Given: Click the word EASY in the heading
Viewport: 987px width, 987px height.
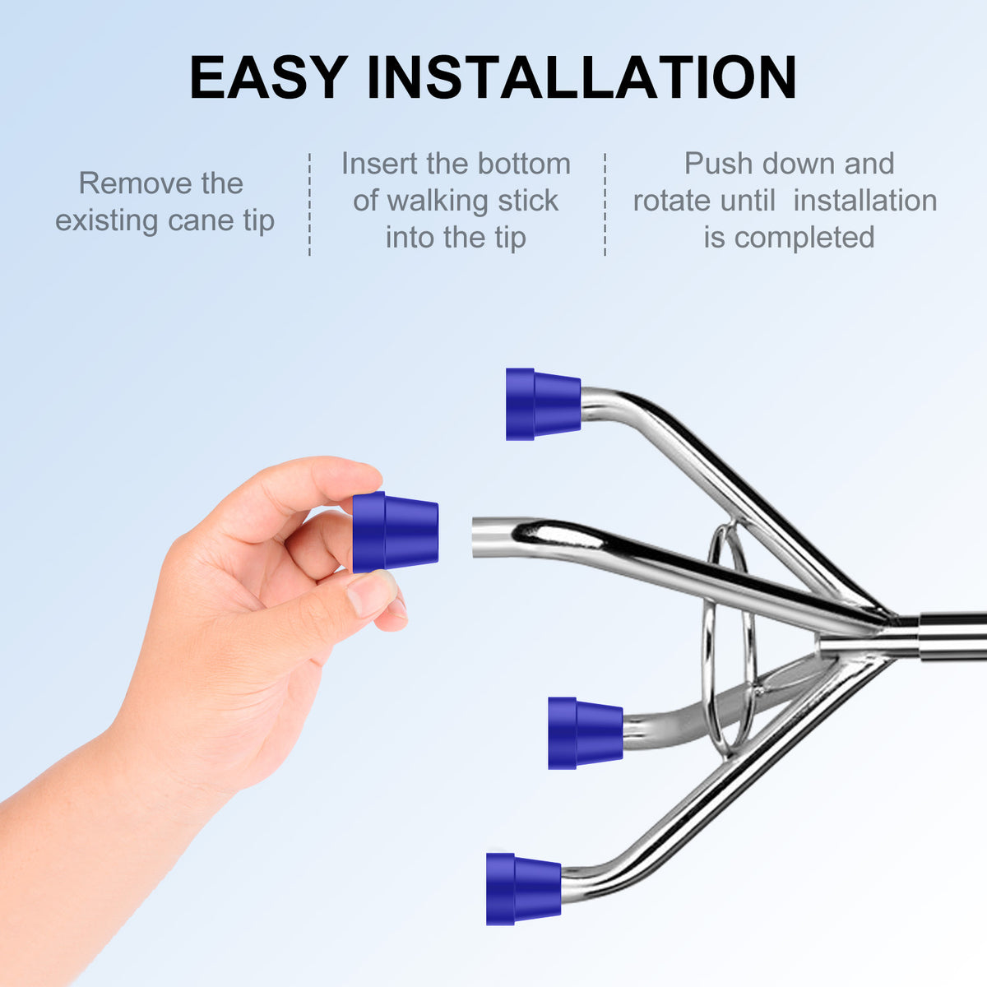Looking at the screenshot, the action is pyautogui.click(x=268, y=76).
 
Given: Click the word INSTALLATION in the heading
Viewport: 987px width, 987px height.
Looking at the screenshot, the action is pyautogui.click(x=582, y=76).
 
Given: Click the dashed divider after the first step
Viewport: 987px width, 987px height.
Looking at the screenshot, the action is pyautogui.click(x=309, y=204).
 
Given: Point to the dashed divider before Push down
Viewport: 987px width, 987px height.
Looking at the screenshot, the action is pyautogui.click(x=605, y=204).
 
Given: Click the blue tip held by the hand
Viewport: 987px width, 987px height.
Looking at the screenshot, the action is pyautogui.click(x=396, y=532).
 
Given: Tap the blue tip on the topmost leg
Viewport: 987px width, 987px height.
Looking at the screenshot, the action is pyautogui.click(x=543, y=404).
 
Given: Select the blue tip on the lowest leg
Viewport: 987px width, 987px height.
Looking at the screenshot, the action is pyautogui.click(x=523, y=889).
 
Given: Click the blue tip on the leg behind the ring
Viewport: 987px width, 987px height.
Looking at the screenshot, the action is pyautogui.click(x=586, y=733).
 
